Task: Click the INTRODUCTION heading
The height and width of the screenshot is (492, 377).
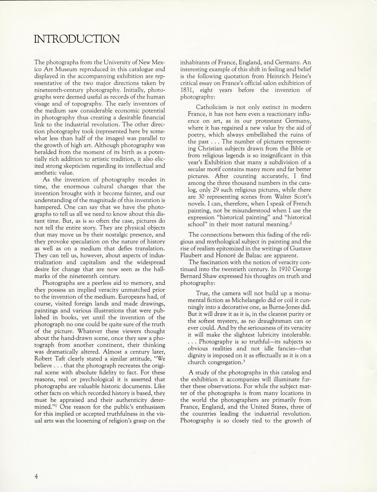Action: [77, 39]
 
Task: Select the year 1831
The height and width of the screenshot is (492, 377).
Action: [187, 90]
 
